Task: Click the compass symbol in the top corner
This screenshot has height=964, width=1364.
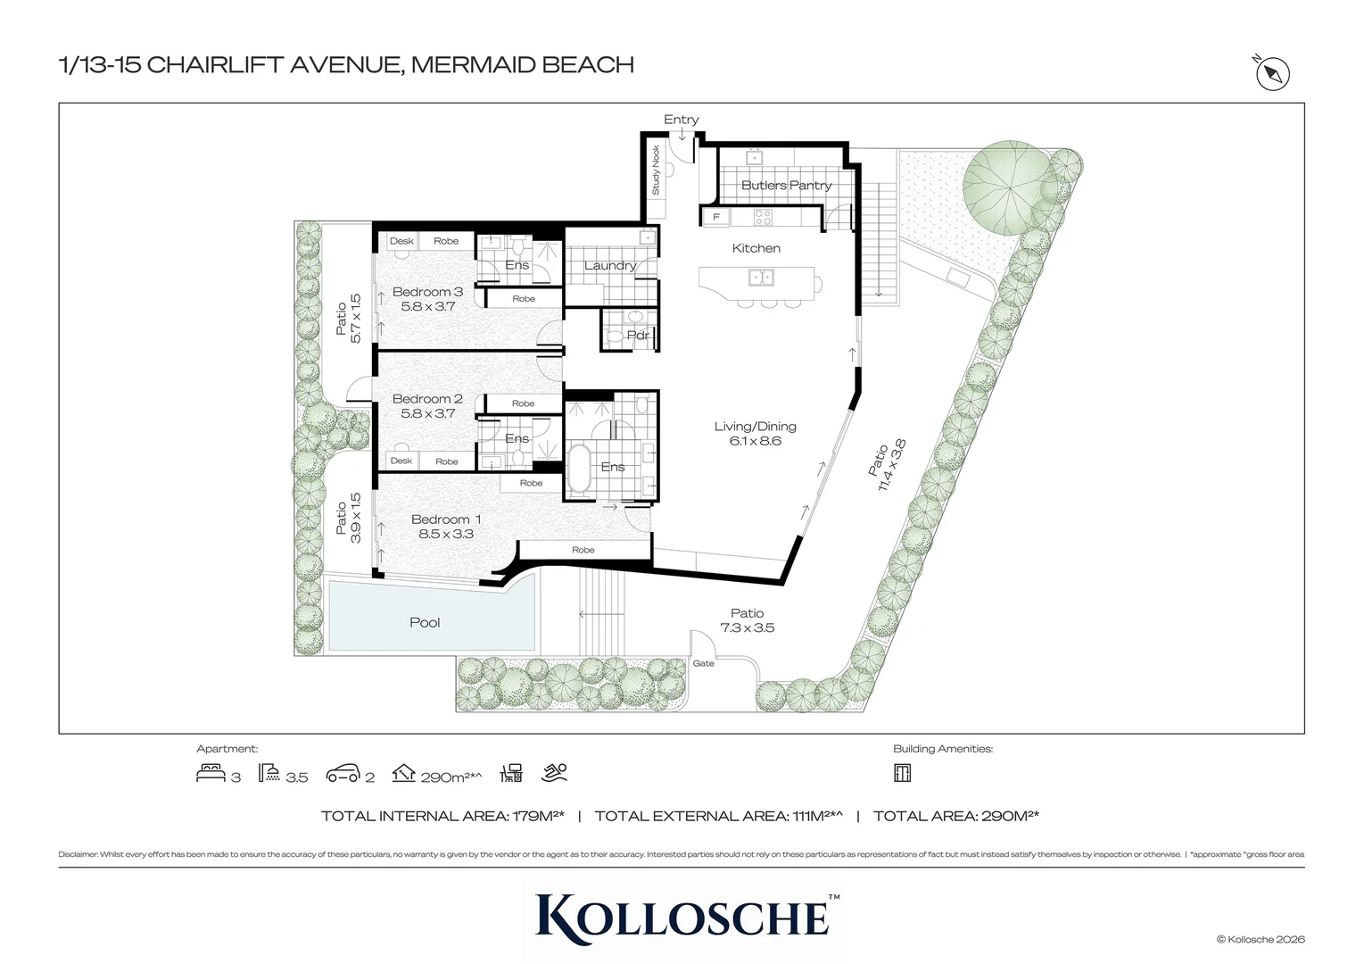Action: coord(1273,75)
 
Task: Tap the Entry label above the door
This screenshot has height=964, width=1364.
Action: coord(681,120)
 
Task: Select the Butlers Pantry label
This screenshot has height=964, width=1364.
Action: coord(786,186)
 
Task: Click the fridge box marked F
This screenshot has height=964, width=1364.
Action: coord(715,217)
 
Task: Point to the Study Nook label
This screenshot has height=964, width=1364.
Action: coord(656,170)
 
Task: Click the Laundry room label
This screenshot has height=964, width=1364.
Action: coord(609,265)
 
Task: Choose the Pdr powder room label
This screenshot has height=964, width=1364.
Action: coord(638,336)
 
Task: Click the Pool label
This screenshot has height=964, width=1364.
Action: coord(425,622)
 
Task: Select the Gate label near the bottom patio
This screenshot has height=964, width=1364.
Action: coord(704,663)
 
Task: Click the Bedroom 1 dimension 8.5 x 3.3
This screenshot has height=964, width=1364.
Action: coord(446,534)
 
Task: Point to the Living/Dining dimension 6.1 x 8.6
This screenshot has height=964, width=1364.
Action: coord(755,441)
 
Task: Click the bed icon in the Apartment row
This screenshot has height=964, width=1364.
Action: coord(211,773)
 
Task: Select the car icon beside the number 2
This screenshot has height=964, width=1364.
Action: coord(343,774)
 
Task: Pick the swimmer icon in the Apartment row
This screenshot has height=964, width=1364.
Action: coord(555,773)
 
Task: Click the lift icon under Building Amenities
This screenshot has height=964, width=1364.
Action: coord(902,773)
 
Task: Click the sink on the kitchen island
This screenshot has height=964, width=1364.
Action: coord(761,278)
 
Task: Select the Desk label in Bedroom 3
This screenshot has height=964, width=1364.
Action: coord(401,241)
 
